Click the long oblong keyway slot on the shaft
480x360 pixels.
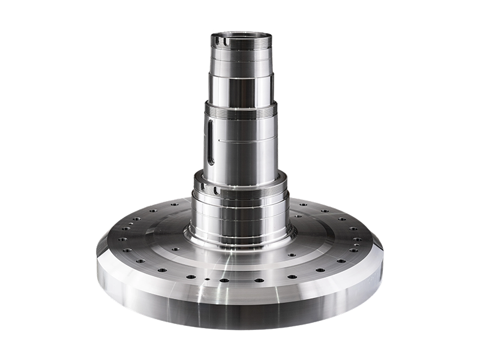(x=211, y=142)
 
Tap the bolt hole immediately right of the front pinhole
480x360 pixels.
(x=224, y=280)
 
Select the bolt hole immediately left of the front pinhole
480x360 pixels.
(x=191, y=277)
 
